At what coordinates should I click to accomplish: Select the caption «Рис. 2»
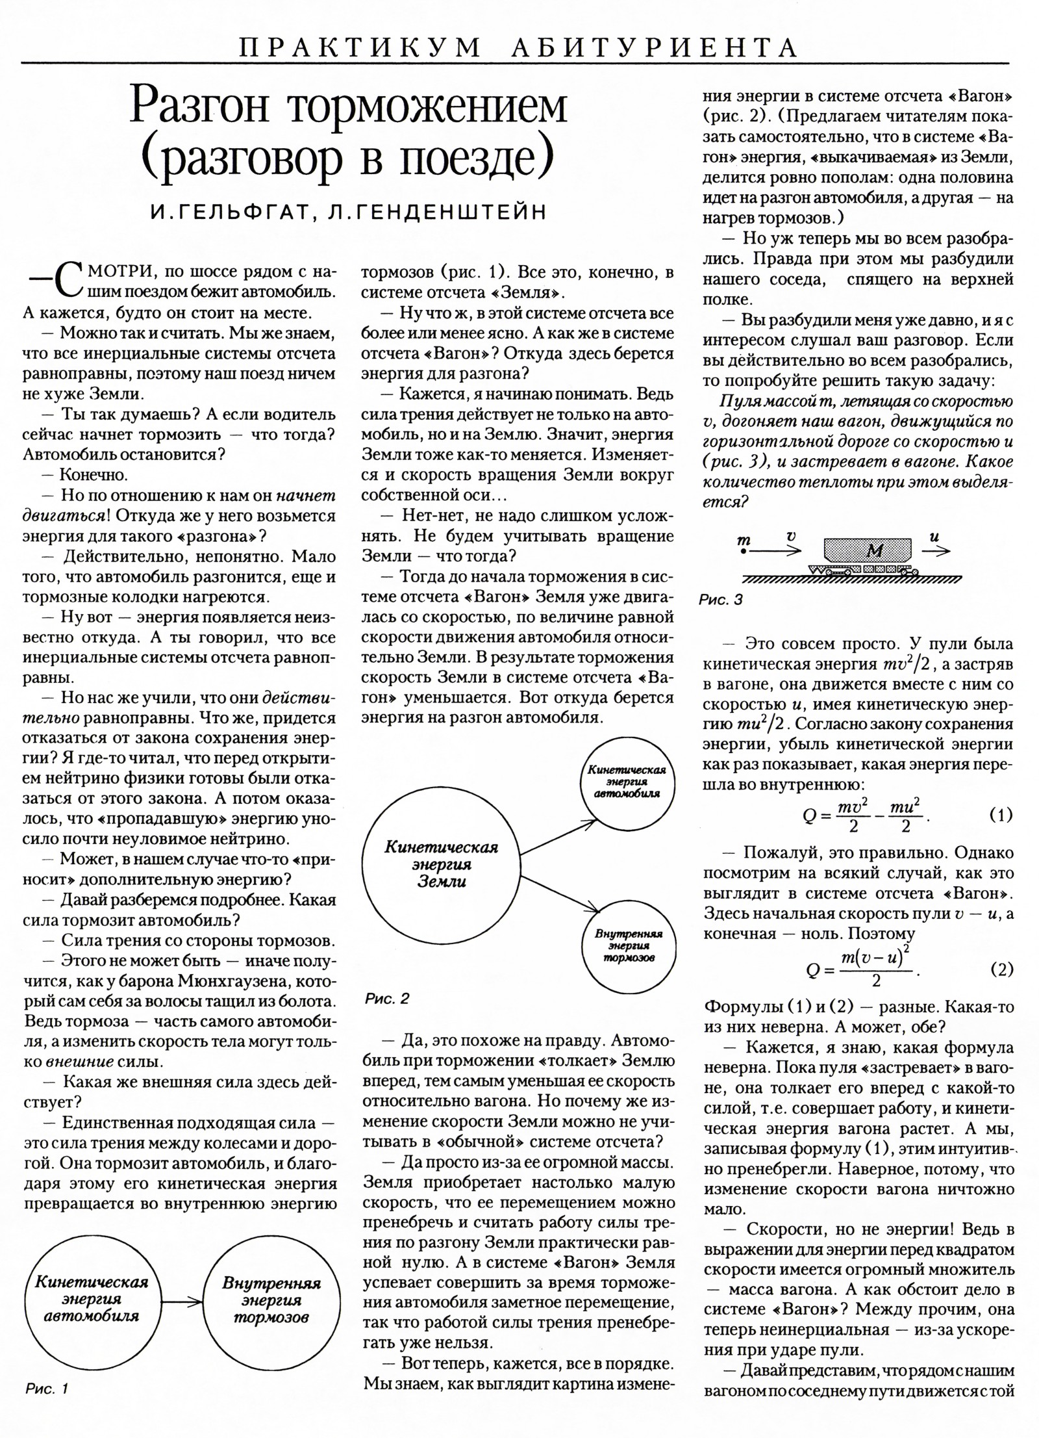[x=387, y=998]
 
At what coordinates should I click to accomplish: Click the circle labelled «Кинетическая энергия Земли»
[x=441, y=864]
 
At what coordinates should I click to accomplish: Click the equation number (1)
[x=1001, y=815]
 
